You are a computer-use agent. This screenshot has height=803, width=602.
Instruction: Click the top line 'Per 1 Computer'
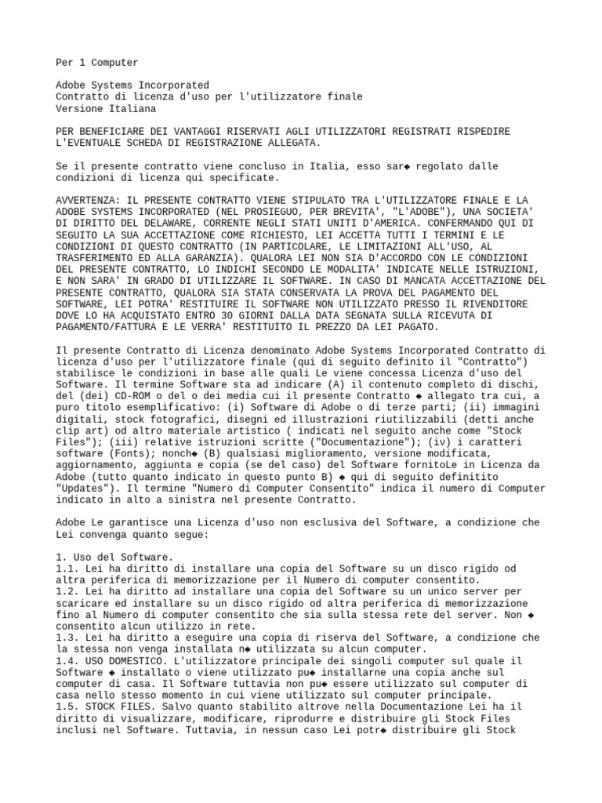pos(97,62)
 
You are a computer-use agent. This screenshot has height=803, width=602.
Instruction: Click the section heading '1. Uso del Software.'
pos(113,556)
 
